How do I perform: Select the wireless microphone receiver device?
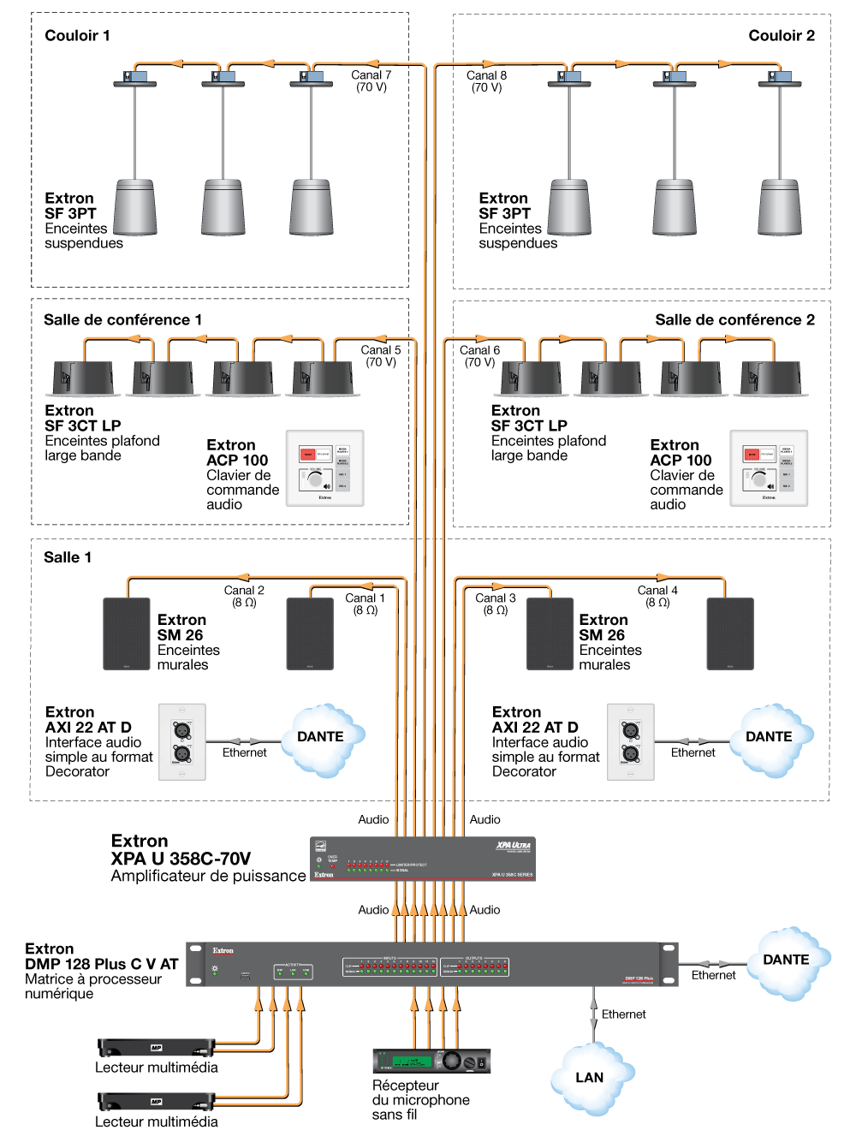(x=431, y=1062)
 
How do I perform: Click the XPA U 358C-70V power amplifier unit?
(x=422, y=859)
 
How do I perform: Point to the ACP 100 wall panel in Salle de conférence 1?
(x=324, y=468)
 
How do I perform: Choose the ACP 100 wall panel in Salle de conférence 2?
(x=769, y=468)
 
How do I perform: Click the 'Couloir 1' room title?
(x=77, y=36)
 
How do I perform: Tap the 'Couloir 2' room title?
(x=781, y=36)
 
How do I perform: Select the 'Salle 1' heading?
(x=68, y=557)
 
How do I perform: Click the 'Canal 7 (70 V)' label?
(x=371, y=81)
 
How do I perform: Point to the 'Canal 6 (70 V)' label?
(x=479, y=356)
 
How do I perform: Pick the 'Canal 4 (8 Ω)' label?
(x=657, y=596)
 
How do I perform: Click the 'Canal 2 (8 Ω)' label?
(x=244, y=596)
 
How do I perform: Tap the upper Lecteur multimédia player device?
(x=156, y=1048)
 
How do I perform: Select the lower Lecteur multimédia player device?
(x=156, y=1102)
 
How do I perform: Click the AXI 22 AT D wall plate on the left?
(x=182, y=742)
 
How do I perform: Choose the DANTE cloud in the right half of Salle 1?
(x=768, y=737)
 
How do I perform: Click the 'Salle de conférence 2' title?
(x=734, y=320)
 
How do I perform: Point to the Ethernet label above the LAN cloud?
(x=623, y=1014)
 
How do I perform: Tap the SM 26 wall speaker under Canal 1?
(x=310, y=633)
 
